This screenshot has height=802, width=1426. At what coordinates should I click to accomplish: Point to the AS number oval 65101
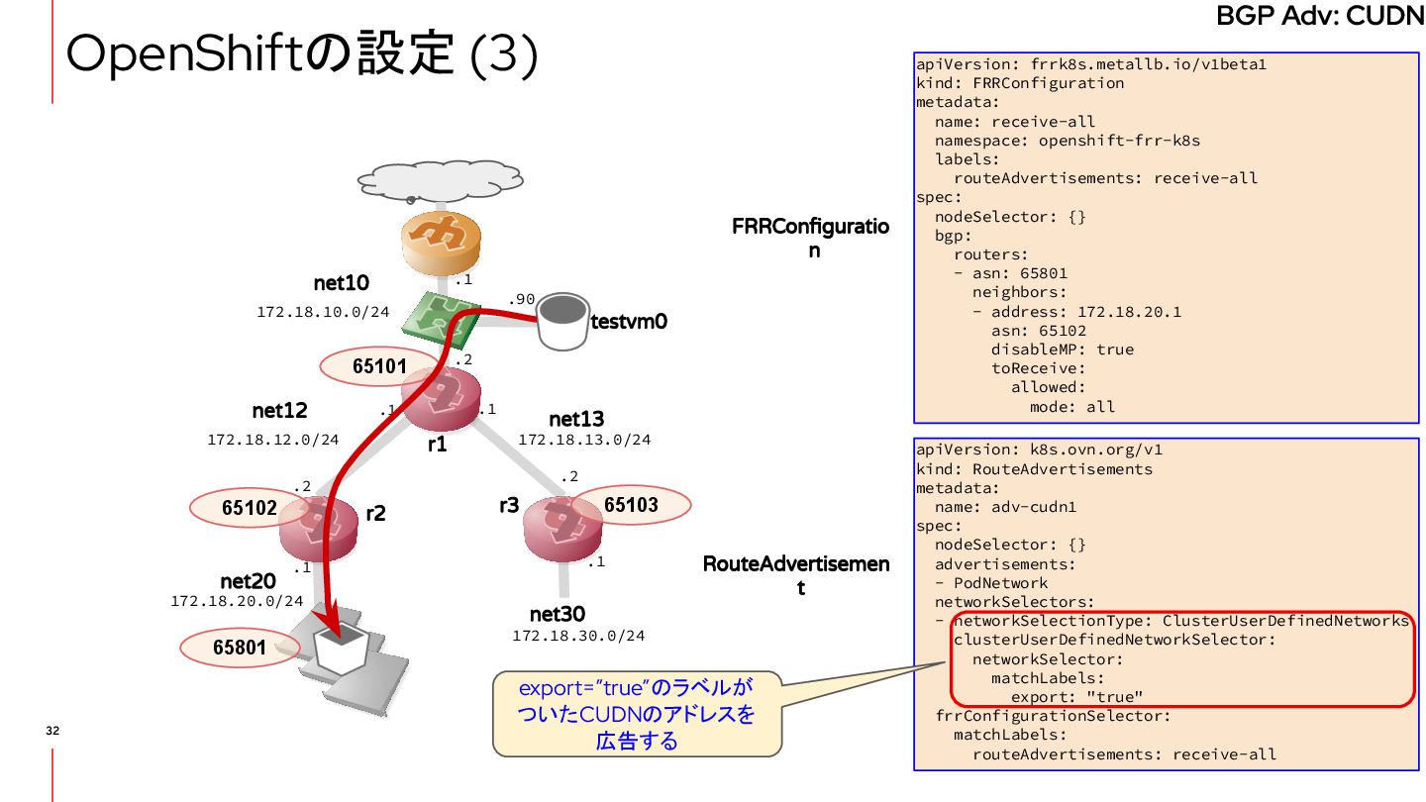click(379, 366)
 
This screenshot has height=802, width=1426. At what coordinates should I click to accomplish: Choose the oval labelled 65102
click(249, 508)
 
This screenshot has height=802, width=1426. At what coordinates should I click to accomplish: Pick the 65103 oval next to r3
click(631, 505)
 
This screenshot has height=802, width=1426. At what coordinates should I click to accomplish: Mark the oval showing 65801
click(239, 649)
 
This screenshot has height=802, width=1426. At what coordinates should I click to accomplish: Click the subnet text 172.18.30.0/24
click(578, 636)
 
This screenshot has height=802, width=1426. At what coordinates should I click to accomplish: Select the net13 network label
click(576, 419)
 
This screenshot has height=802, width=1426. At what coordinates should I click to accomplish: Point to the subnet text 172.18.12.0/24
click(273, 439)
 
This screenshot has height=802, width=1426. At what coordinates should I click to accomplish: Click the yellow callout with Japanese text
click(637, 713)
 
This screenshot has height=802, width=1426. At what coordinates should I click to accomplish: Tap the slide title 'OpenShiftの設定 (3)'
click(302, 55)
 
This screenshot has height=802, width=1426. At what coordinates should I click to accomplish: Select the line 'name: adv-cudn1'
click(1005, 507)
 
